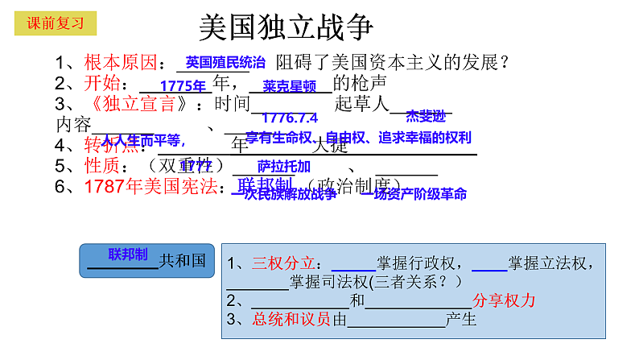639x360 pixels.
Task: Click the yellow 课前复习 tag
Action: tap(56, 23)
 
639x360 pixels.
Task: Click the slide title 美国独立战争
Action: tap(286, 28)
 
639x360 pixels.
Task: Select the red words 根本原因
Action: tap(120, 62)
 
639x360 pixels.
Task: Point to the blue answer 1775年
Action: tap(184, 86)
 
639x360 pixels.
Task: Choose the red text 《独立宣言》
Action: tap(138, 103)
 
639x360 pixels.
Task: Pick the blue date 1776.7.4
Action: tap(290, 118)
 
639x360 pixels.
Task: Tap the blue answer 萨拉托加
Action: tap(284, 167)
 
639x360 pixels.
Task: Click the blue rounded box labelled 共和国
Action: tap(147, 260)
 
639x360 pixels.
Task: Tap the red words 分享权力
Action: tap(504, 300)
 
